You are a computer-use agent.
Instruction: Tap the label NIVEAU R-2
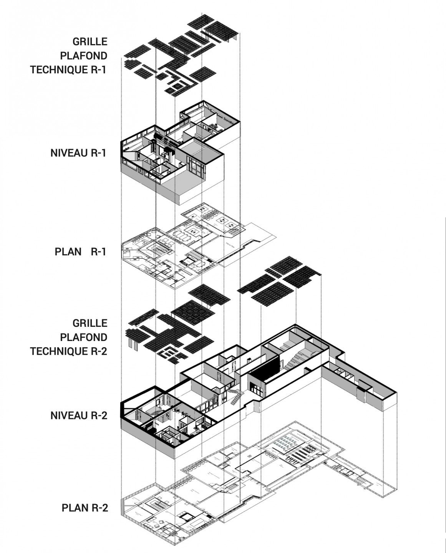tap(78, 416)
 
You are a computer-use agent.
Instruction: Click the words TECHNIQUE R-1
tap(68, 70)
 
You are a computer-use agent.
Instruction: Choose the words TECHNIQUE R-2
tap(68, 351)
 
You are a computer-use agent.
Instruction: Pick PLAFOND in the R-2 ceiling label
tap(83, 337)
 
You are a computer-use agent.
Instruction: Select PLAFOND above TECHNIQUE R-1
tap(83, 56)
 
